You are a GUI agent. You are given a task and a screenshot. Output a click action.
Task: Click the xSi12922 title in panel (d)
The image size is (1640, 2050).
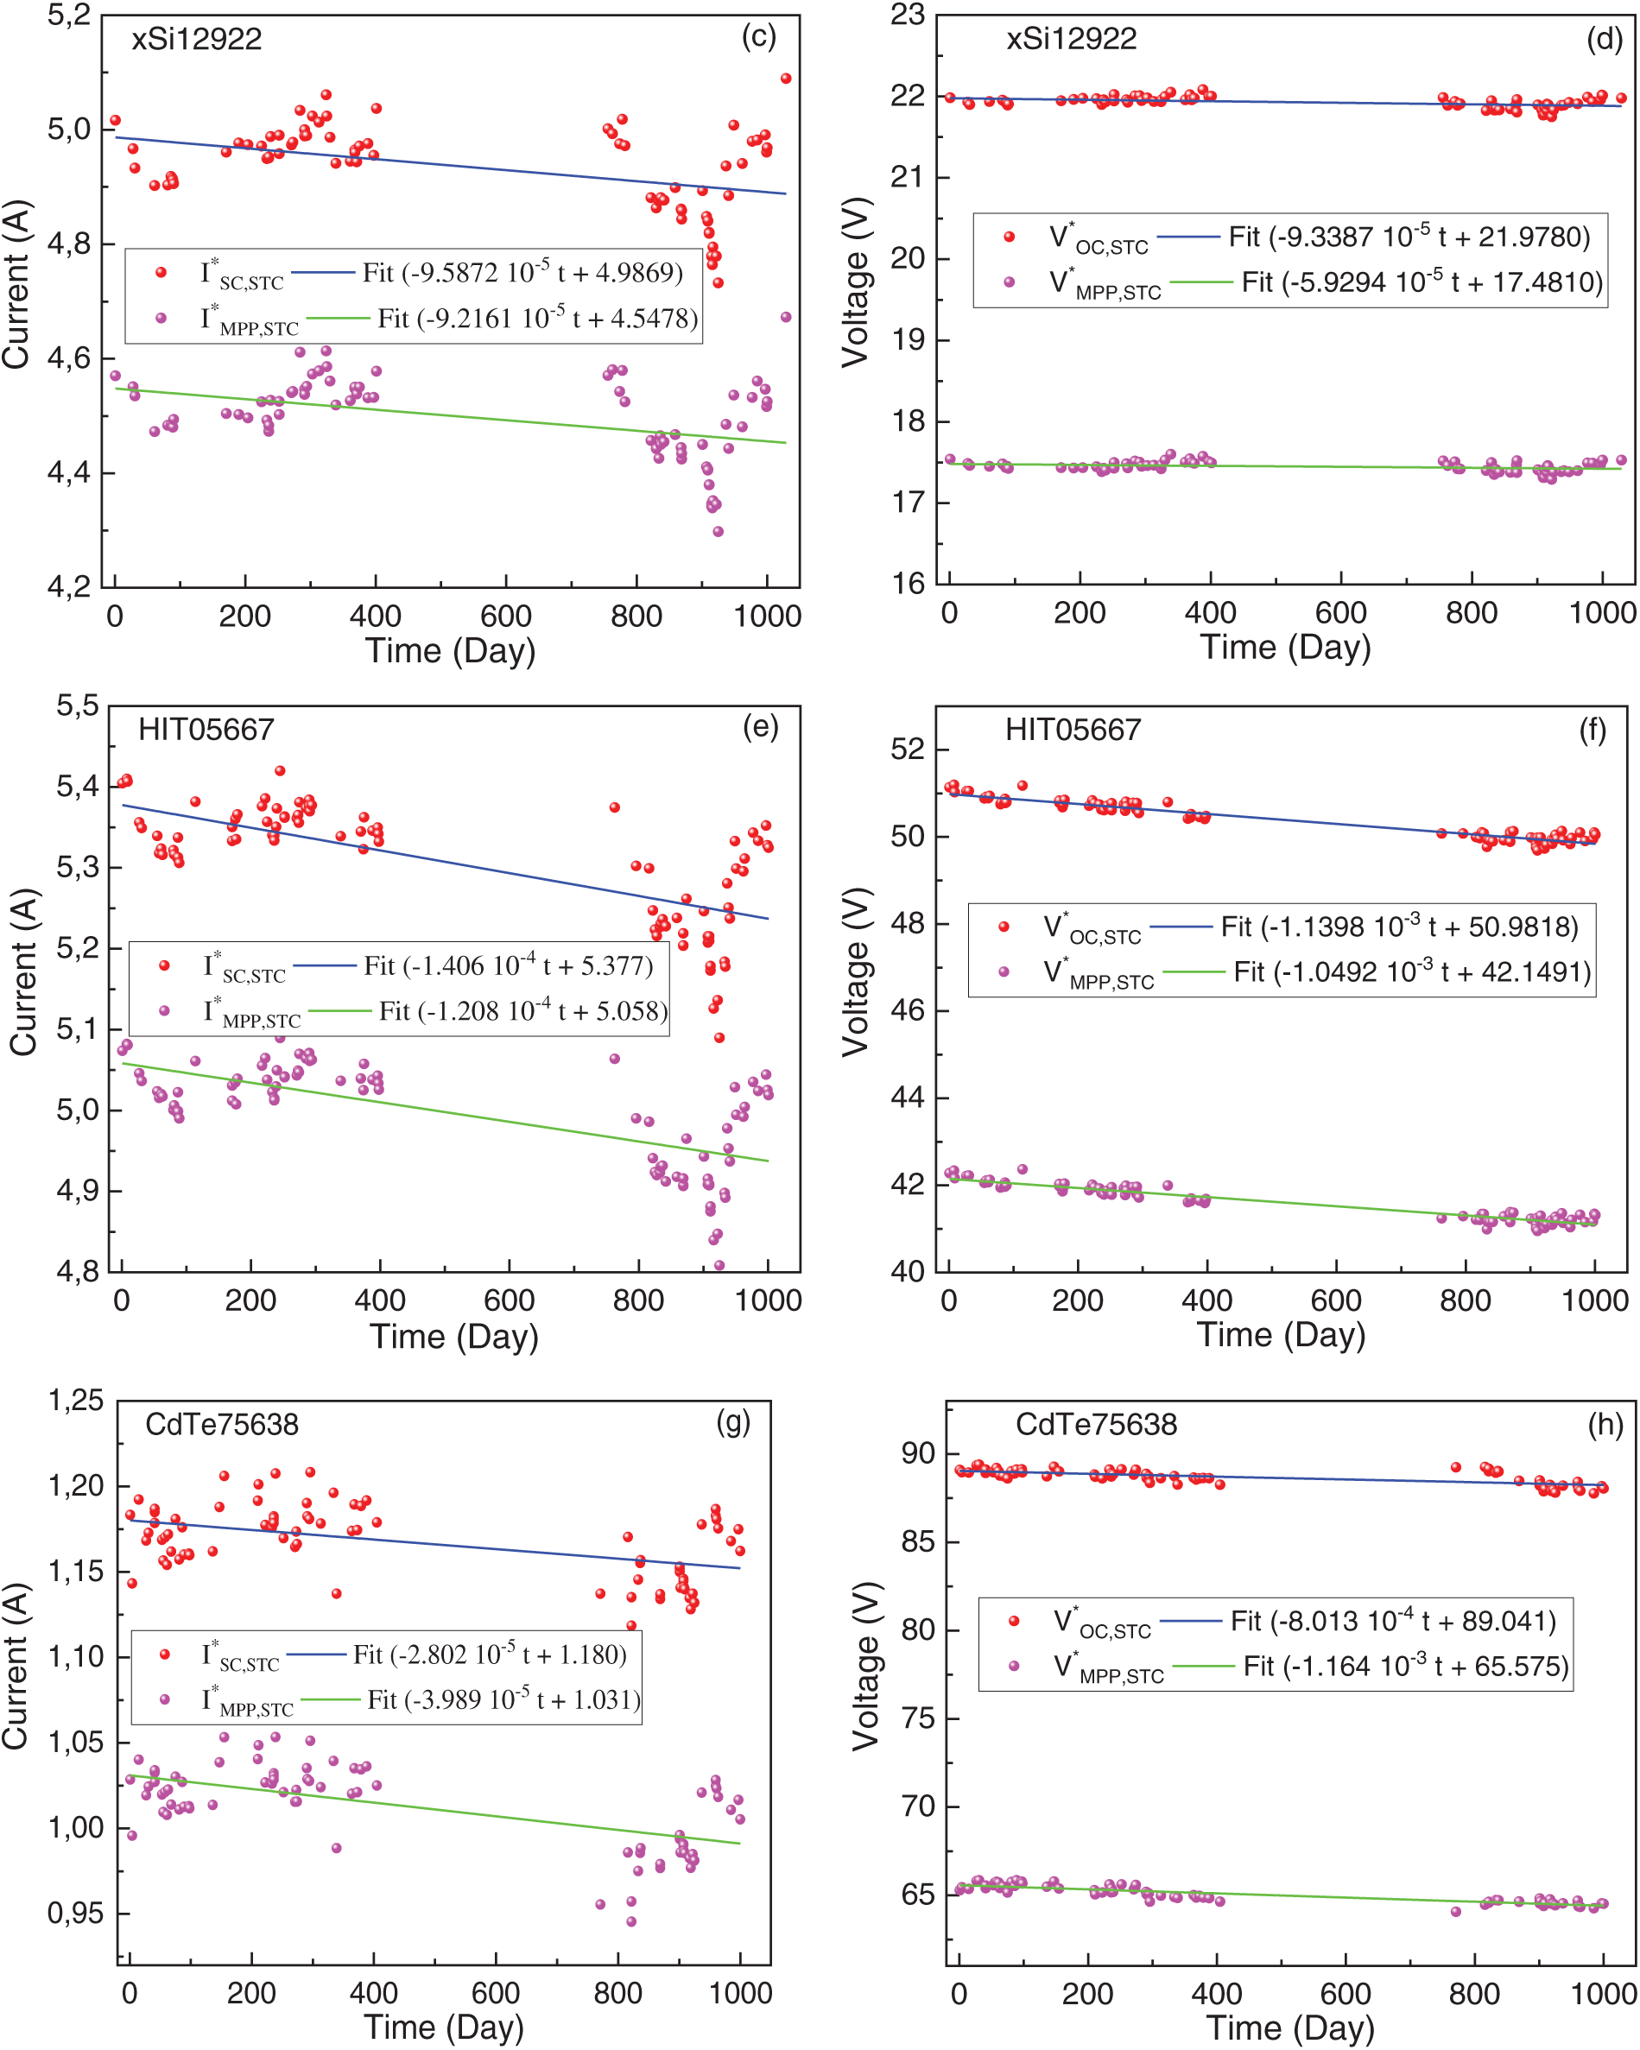[1072, 39]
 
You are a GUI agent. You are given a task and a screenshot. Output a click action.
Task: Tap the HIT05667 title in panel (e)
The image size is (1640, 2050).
[206, 731]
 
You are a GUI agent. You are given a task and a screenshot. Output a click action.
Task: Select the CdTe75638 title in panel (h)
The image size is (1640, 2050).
[1096, 1424]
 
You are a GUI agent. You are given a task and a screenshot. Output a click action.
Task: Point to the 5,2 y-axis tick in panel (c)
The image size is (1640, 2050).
[69, 16]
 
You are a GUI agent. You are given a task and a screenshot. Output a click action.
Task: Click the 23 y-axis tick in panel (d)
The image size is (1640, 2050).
[907, 16]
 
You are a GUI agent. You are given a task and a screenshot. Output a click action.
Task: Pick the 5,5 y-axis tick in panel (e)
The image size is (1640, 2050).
[77, 705]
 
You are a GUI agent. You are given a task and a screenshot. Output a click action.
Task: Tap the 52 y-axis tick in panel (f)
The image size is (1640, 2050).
[907, 750]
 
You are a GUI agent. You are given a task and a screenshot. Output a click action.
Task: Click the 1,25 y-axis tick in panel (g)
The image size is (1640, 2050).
[75, 1400]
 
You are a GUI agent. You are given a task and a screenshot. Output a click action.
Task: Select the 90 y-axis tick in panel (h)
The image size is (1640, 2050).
[918, 1454]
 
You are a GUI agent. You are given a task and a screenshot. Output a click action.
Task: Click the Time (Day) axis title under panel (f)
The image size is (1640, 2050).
[1281, 1335]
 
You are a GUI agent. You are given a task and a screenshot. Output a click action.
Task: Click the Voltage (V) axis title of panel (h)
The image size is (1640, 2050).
[865, 1666]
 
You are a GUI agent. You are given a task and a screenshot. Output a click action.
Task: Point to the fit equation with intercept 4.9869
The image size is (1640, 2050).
[522, 273]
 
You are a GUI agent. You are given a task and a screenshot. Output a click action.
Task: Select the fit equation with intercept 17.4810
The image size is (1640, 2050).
[1422, 282]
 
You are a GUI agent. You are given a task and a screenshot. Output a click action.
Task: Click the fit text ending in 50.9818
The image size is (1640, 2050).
[1399, 926]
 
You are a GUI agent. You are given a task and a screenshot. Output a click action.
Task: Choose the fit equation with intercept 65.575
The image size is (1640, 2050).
[1406, 1666]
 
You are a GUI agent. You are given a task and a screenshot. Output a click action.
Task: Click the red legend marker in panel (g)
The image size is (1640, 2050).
[164, 1655]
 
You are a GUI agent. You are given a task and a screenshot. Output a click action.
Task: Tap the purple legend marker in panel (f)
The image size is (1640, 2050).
[1003, 971]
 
